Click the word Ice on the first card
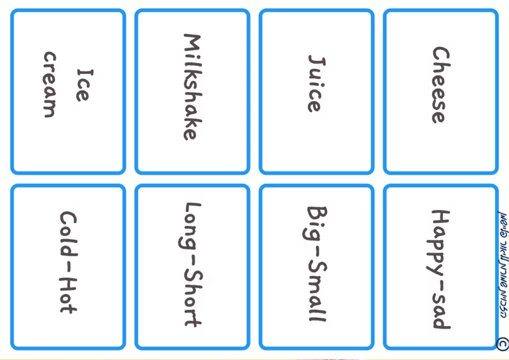(x=81, y=85)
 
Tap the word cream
(x=50, y=85)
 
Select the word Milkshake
(x=191, y=87)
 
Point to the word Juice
(x=314, y=83)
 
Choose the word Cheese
(x=439, y=85)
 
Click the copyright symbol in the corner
(x=502, y=344)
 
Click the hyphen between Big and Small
(x=316, y=253)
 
